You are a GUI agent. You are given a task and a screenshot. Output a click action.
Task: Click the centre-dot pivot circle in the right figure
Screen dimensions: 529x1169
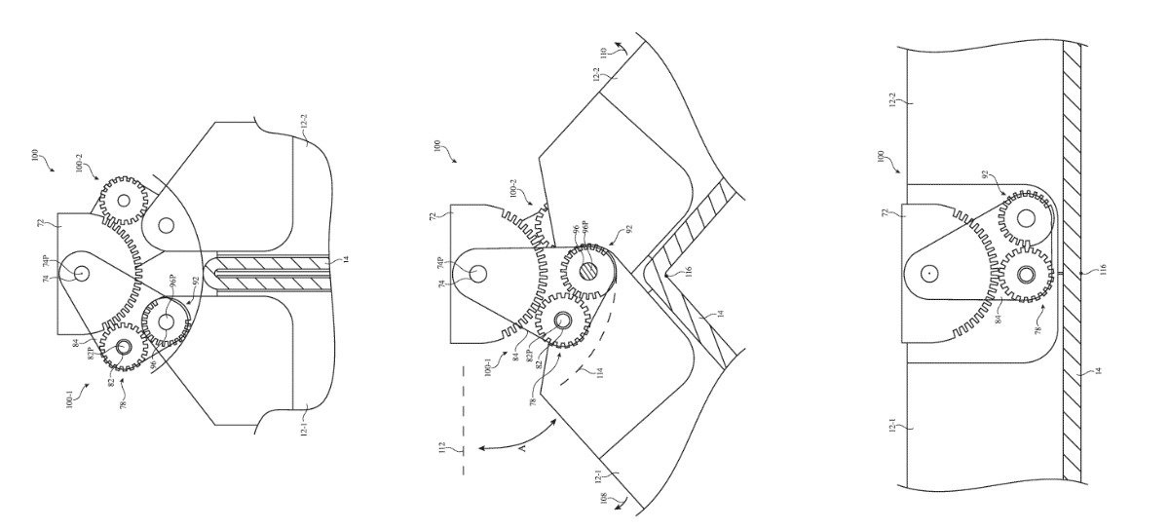point(929,274)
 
